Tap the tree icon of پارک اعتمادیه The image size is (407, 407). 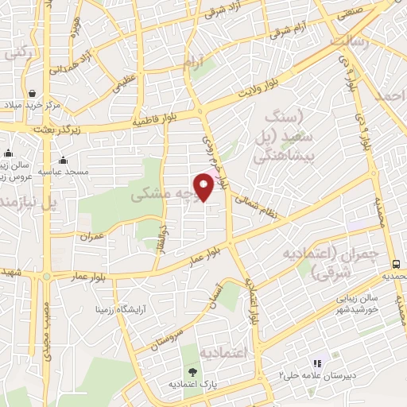(x=192, y=370)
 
